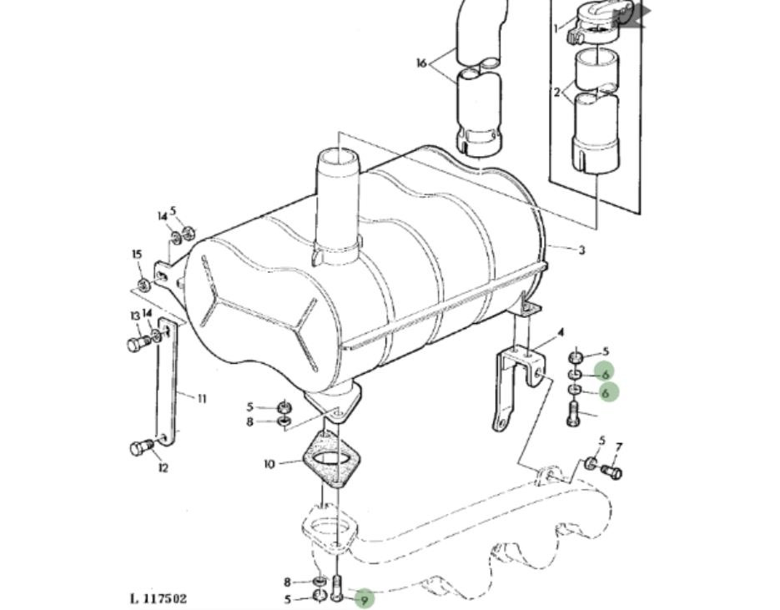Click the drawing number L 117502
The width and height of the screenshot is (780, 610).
159,598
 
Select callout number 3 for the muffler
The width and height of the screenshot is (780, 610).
581,250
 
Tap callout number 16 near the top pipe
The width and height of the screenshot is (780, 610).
421,63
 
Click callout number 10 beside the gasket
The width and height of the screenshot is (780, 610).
269,464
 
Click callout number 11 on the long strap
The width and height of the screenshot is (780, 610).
201,398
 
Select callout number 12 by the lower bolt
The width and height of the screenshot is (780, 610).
163,467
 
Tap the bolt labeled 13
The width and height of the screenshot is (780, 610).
138,343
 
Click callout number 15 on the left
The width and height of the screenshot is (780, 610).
138,255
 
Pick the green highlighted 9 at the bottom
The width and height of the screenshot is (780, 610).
363,597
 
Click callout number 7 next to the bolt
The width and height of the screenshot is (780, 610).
618,448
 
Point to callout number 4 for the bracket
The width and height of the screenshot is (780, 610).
561,332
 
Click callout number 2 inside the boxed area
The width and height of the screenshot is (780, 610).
557,92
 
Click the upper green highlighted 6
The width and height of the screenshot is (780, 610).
605,373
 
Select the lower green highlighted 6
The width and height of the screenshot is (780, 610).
605,392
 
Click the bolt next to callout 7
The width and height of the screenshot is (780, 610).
612,472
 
